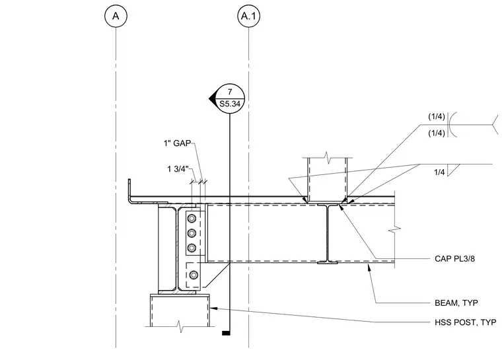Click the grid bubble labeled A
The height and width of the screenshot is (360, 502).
(x=116, y=16)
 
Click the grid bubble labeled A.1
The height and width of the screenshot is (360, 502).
(x=249, y=16)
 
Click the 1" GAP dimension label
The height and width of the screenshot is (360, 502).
(x=177, y=143)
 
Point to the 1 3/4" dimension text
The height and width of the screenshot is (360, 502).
(x=178, y=169)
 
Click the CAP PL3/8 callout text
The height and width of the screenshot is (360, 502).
(x=454, y=258)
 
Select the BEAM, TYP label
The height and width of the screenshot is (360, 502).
(x=456, y=303)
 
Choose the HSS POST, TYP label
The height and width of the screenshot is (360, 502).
(x=466, y=322)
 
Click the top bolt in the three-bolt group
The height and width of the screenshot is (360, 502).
(x=192, y=219)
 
